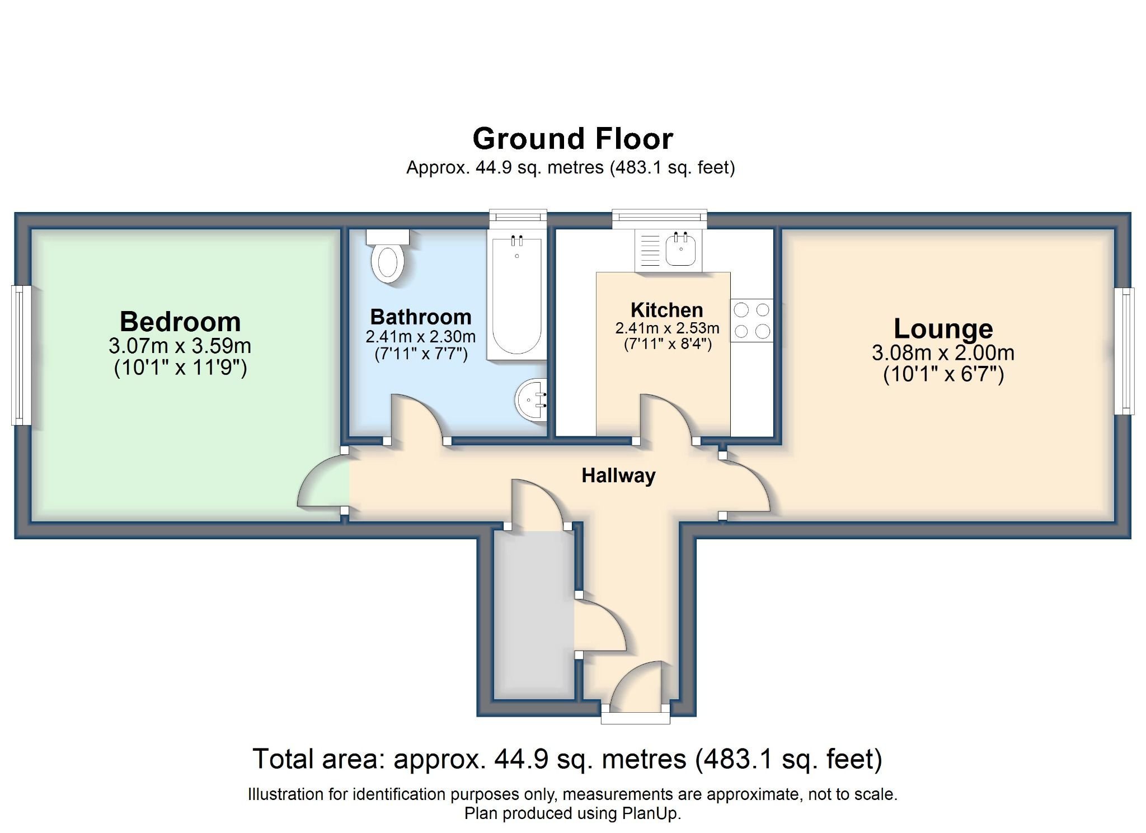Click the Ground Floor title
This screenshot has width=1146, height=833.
[x=572, y=139]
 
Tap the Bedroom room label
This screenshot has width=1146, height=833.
[x=180, y=322]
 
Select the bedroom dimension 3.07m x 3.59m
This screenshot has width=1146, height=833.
[x=180, y=346]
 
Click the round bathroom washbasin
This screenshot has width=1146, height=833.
[x=530, y=399]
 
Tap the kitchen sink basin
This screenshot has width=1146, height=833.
[x=680, y=250]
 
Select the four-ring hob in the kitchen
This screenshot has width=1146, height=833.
[x=752, y=320]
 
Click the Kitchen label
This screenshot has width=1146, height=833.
[x=666, y=310]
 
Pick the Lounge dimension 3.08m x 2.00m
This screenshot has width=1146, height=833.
[x=943, y=352]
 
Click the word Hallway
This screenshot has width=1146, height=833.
[x=618, y=476]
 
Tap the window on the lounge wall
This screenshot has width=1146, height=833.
[x=1124, y=351]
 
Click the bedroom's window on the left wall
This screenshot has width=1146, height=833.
[x=21, y=355]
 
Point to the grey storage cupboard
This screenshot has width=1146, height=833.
[x=533, y=615]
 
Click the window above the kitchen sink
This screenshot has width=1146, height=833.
[x=659, y=219]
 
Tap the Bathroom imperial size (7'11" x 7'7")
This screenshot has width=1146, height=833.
[x=421, y=354]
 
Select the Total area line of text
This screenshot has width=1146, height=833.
[x=567, y=759]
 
